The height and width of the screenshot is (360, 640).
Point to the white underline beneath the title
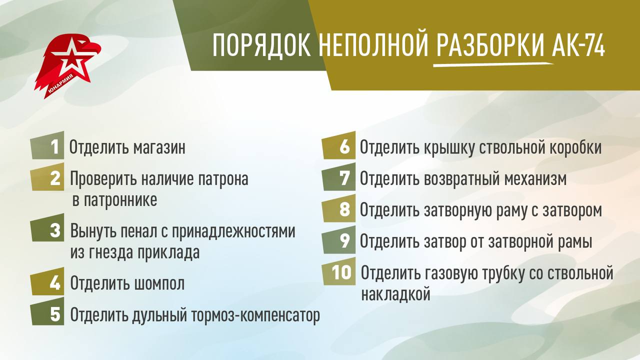coord(493,64)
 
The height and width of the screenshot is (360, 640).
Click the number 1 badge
coord(47,147)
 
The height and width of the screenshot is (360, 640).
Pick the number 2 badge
coord(47,178)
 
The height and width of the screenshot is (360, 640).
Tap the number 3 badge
coord(47,231)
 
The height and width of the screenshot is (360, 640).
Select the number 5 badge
coord(47,314)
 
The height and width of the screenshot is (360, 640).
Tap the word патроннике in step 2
coord(113,200)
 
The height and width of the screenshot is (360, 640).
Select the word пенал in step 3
coord(138,231)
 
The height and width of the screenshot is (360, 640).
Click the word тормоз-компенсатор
coord(255,315)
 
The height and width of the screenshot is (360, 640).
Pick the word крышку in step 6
coord(449,148)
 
